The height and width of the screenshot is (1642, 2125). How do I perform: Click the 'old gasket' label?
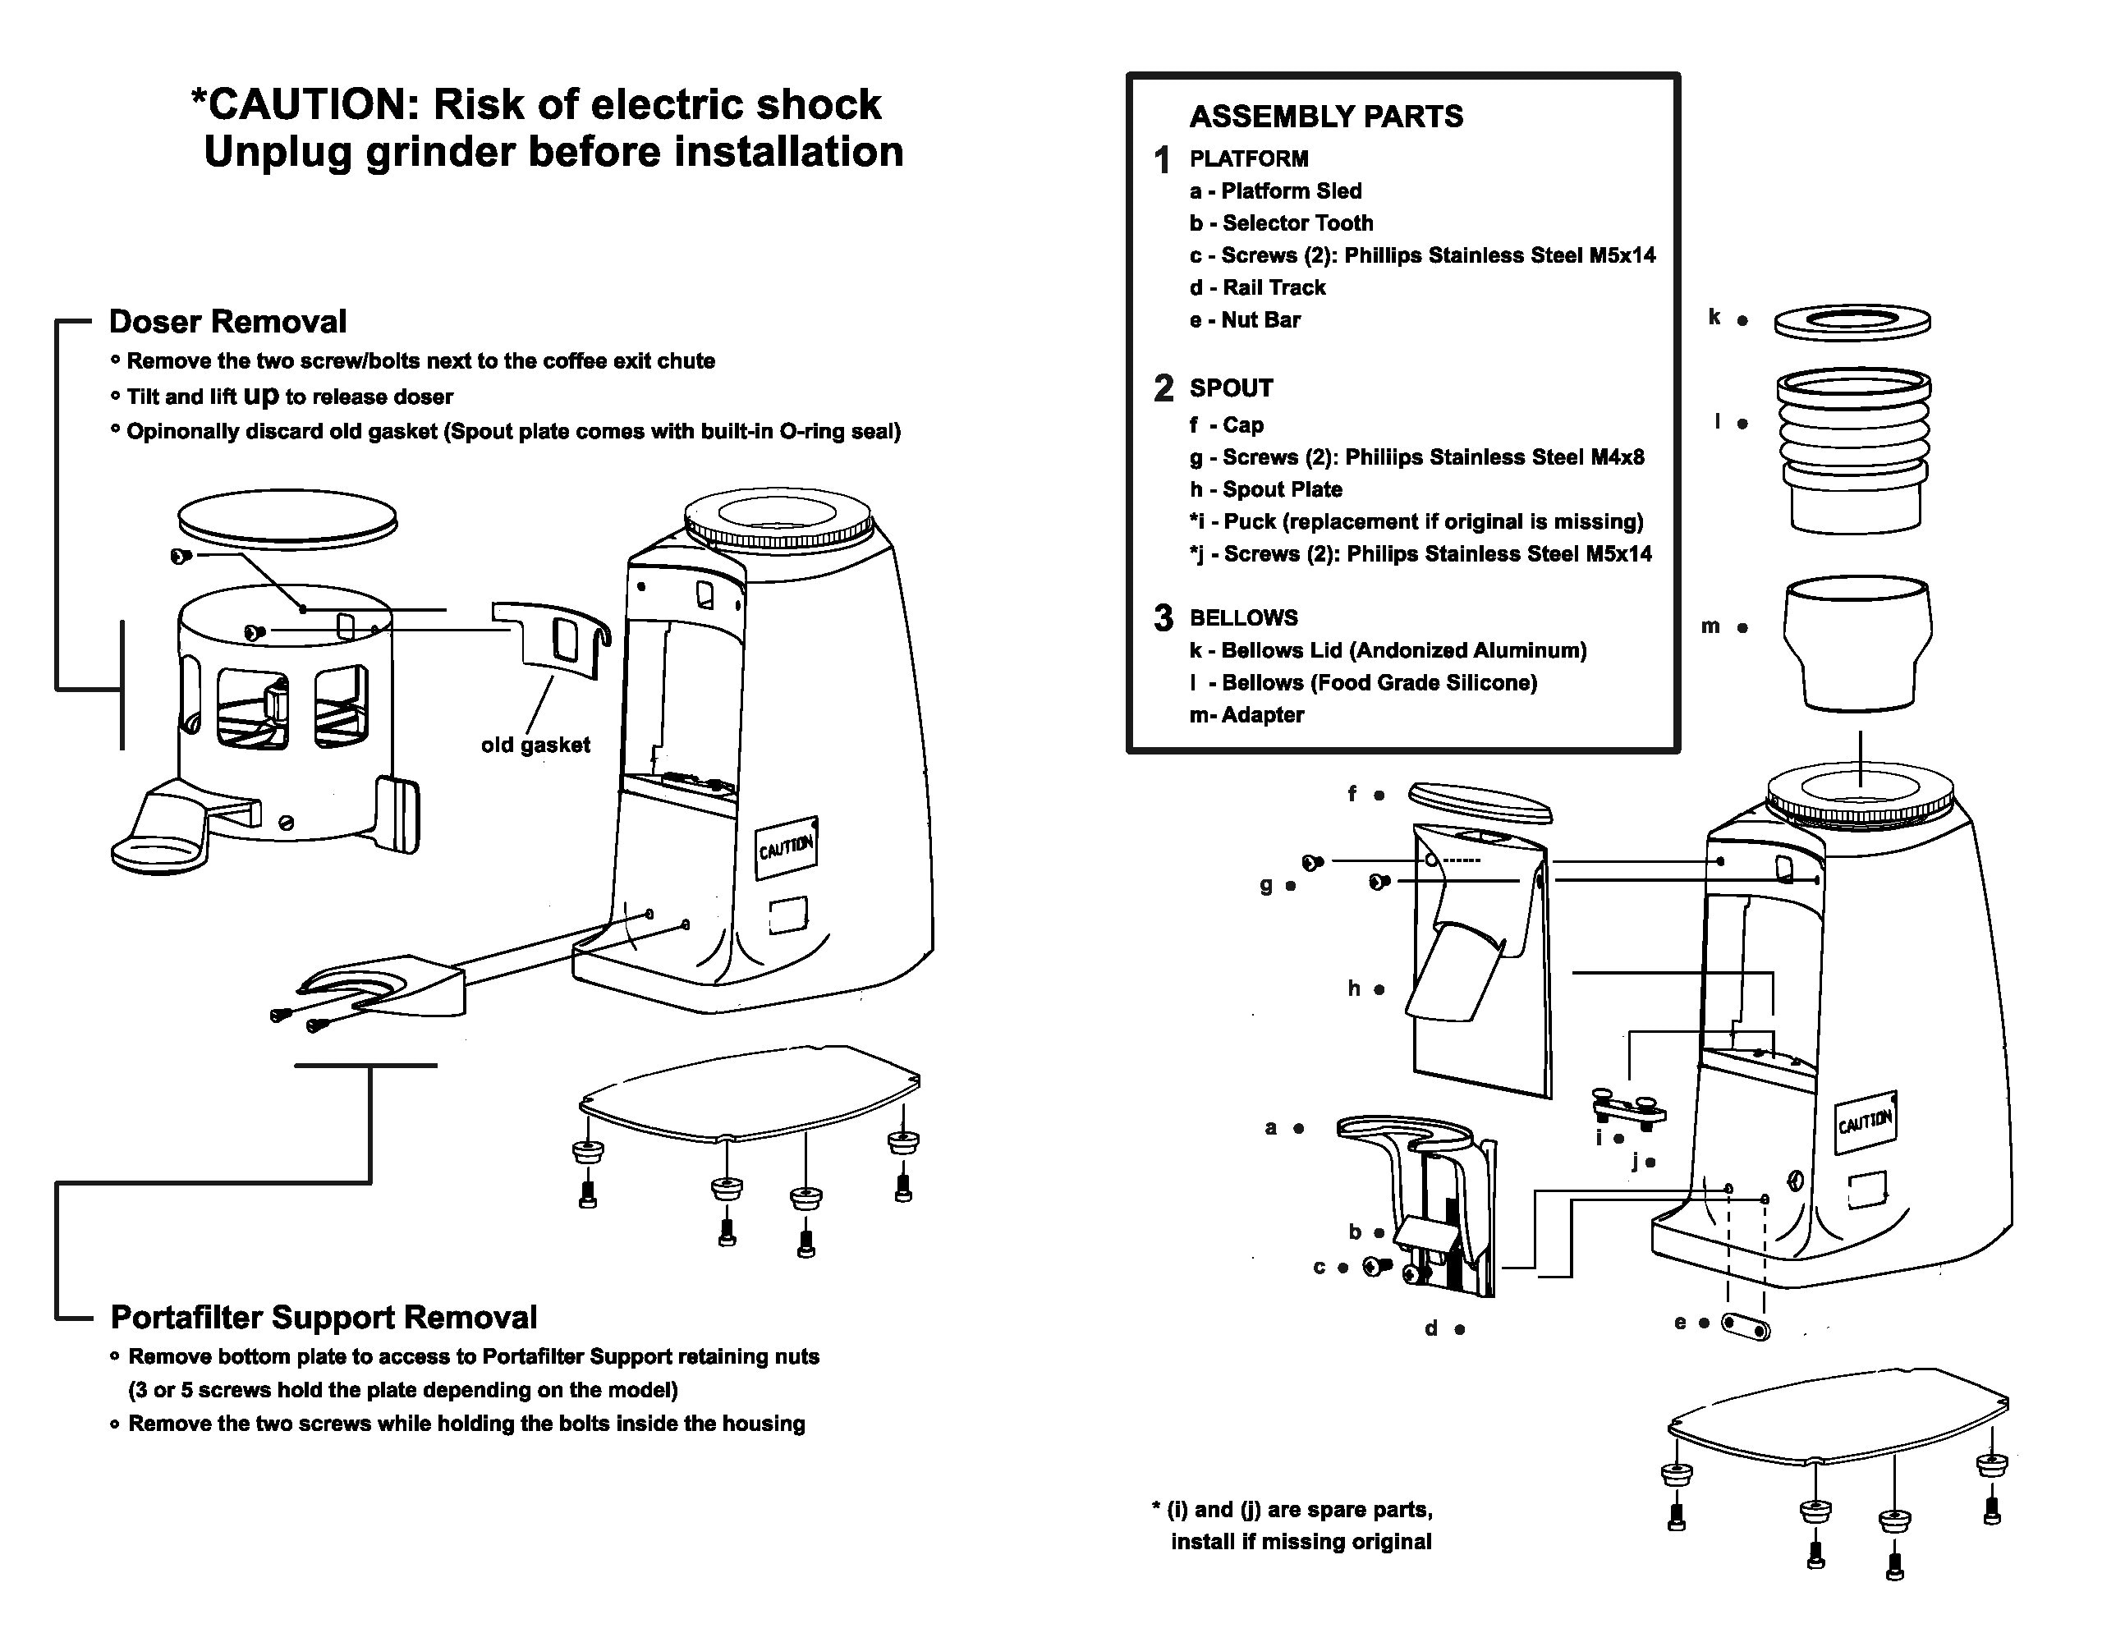point(535,745)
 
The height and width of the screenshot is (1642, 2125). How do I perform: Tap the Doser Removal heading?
point(227,321)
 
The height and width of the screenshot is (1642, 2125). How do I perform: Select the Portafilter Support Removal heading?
point(324,1317)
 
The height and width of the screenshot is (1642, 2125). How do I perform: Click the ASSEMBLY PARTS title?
point(1326,117)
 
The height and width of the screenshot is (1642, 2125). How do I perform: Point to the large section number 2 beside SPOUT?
point(1163,388)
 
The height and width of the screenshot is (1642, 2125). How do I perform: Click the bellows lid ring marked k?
point(1852,322)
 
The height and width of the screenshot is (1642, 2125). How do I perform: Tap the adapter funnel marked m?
point(1857,644)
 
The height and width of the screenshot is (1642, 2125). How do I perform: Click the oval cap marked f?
point(1480,800)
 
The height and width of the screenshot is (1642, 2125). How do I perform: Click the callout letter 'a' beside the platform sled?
point(1271,1128)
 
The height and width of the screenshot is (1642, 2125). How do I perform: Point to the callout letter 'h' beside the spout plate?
point(1353,988)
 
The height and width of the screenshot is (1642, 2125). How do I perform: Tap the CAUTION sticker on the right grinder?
point(1866,1121)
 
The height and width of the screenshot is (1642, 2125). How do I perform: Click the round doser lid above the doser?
point(288,519)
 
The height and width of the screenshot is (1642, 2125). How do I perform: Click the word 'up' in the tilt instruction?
point(261,396)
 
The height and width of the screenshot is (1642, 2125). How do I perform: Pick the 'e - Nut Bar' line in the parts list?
point(1245,320)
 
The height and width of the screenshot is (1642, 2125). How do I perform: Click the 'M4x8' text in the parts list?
point(1617,457)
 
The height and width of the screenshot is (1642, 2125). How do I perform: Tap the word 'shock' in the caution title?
point(819,104)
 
